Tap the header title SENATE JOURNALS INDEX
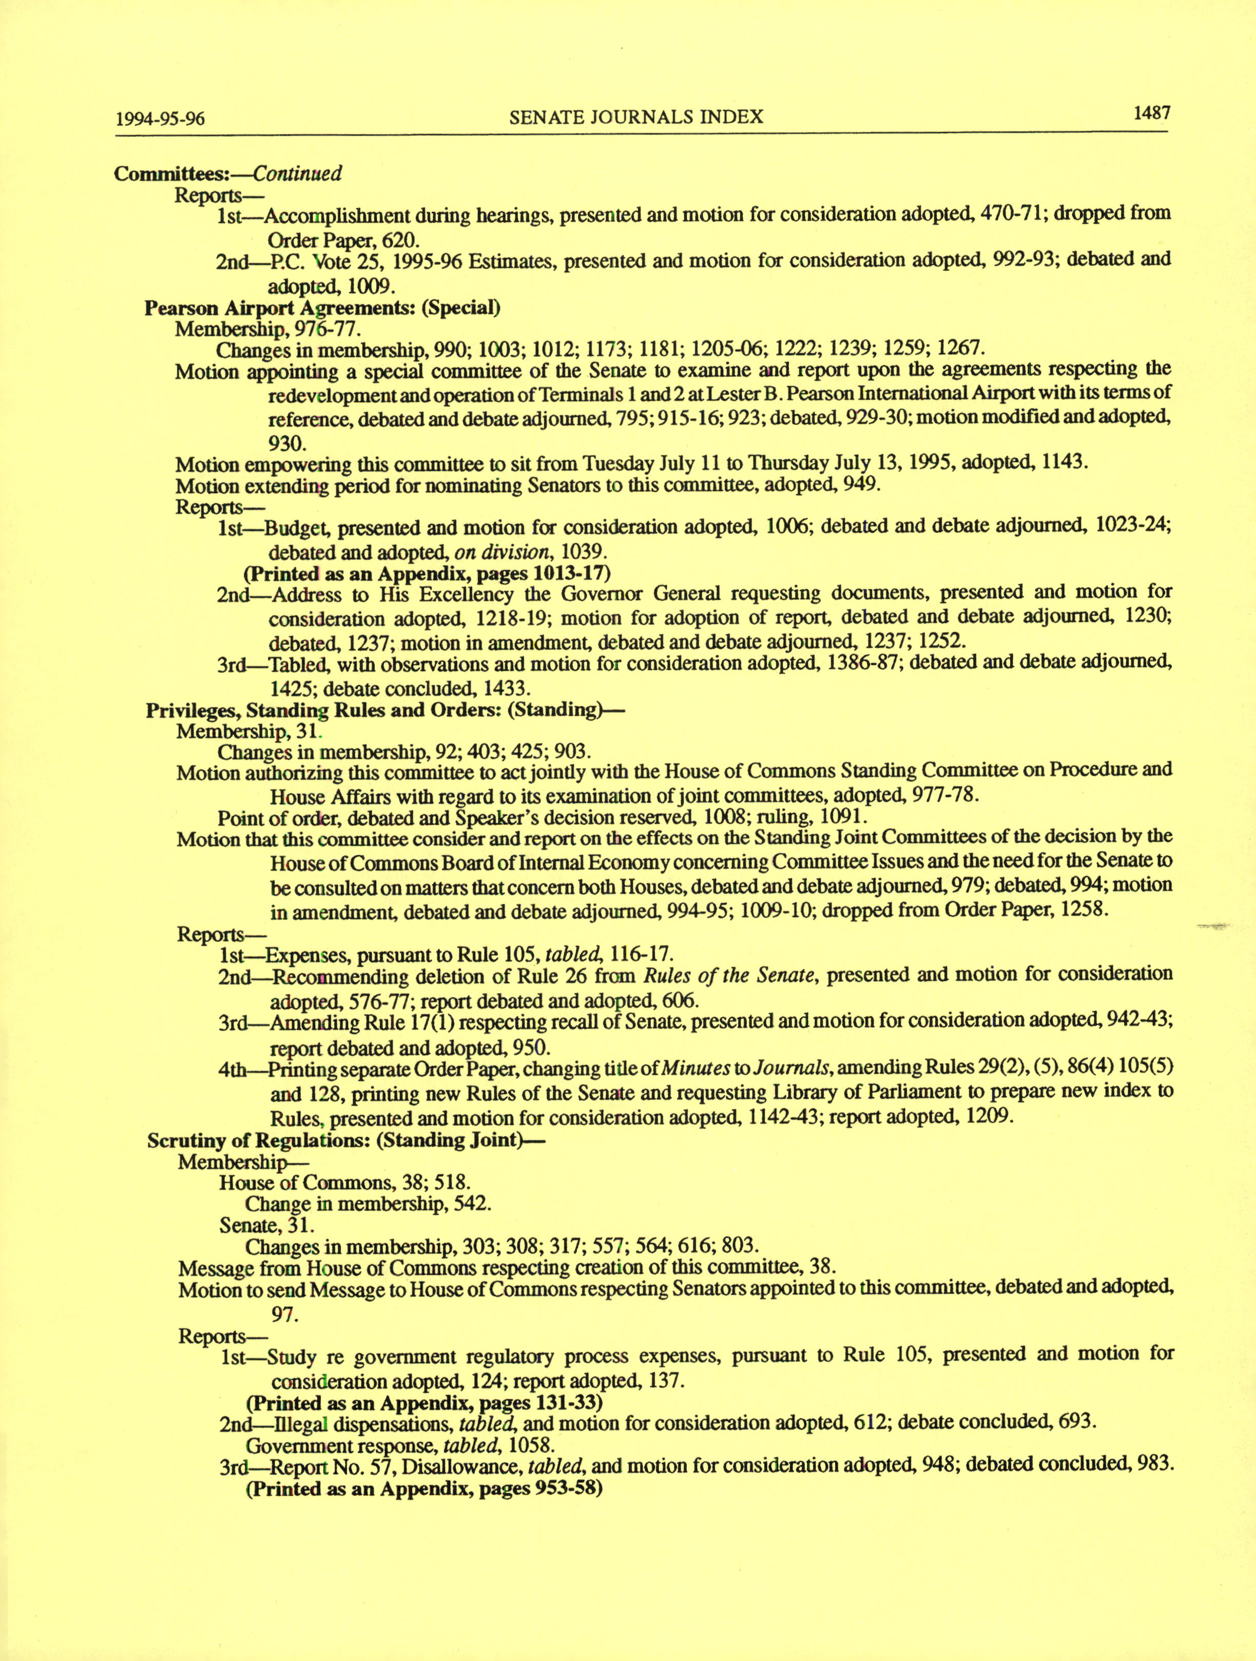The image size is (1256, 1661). [x=636, y=117]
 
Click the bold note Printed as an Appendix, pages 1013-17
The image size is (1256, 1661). [x=427, y=574]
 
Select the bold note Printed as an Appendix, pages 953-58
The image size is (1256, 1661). [x=425, y=1489]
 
